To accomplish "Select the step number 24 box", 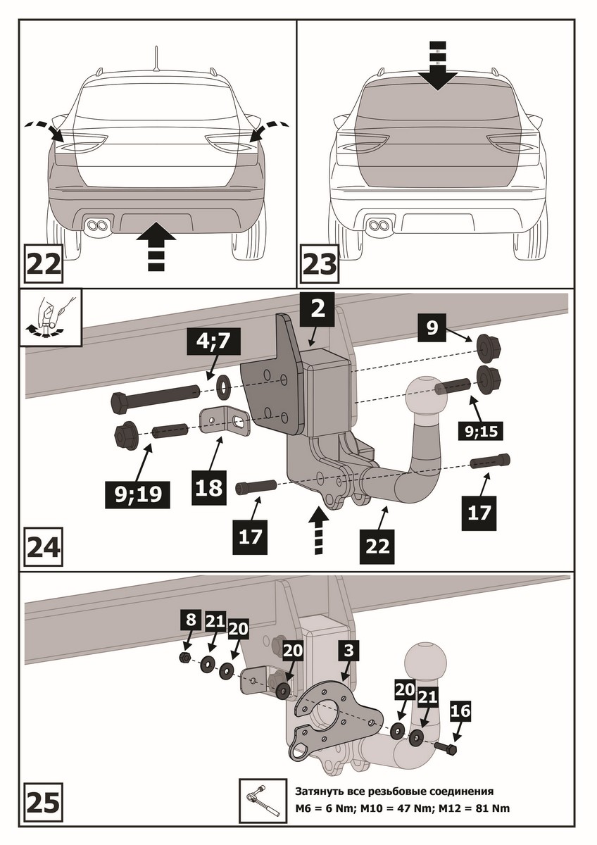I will (44, 547).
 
